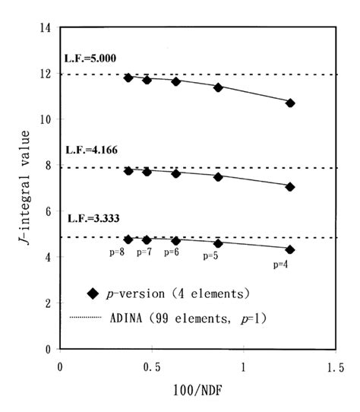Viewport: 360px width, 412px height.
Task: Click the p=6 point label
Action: pyautogui.click(x=172, y=252)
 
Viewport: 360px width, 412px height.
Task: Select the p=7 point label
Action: pyautogui.click(x=144, y=252)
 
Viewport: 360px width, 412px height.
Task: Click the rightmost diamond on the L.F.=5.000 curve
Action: pyautogui.click(x=290, y=103)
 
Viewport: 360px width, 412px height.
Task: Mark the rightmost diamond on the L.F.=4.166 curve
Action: pyautogui.click(x=290, y=186)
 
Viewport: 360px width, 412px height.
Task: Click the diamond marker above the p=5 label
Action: pyautogui.click(x=218, y=243)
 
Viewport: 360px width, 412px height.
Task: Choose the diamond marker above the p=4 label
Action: pyautogui.click(x=290, y=249)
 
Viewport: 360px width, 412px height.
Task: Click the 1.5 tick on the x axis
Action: pyautogui.click(x=333, y=366)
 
